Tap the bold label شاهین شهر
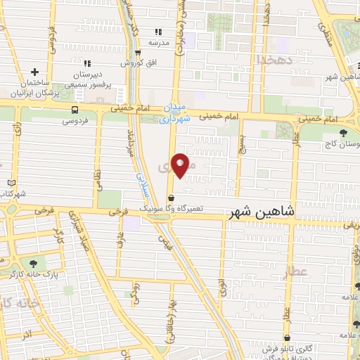coord(259,211)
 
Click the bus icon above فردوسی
coord(75,109)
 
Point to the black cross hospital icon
coord(34,72)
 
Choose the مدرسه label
coord(158,43)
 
